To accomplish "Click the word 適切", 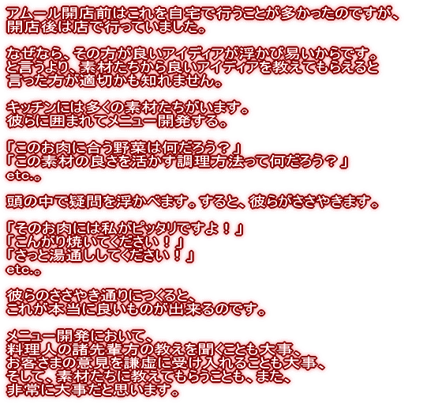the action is point(94,81).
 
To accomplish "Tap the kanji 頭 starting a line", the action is point(13,202).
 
